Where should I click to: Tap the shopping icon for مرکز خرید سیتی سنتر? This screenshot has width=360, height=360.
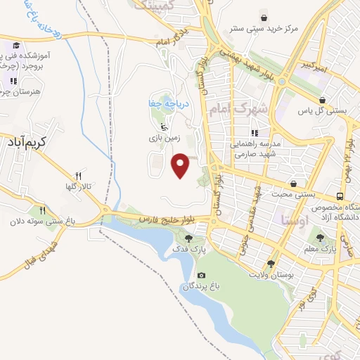pos(263,18)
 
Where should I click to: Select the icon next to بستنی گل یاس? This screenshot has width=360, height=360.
pos(322,99)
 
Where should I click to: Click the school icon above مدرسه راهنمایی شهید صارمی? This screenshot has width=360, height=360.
pos(255,132)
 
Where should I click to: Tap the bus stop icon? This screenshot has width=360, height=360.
pos(340,196)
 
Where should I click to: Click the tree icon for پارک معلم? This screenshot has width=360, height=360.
pos(327,238)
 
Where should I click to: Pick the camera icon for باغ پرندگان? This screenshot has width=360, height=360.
pos(202,275)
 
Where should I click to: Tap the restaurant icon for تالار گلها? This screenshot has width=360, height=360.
pos(79,176)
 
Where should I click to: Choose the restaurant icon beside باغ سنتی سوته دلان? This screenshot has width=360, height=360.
pos(42,210)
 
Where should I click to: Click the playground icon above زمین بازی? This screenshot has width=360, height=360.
pos(164,127)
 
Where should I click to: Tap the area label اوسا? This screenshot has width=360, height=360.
pos(290,220)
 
